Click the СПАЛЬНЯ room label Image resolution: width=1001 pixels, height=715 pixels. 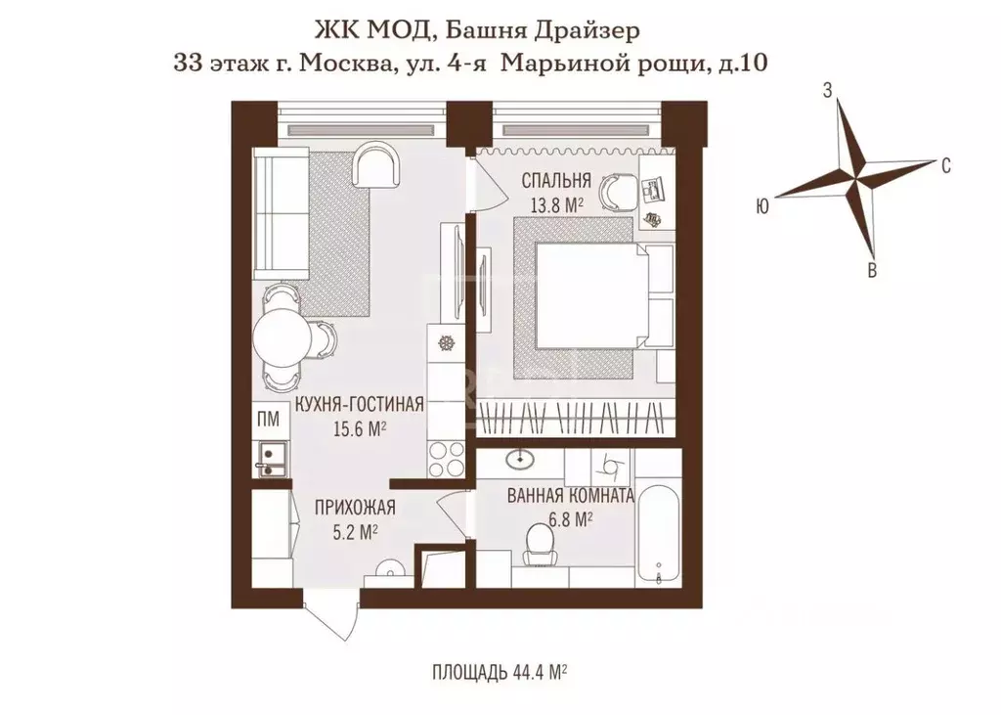[x=555, y=180]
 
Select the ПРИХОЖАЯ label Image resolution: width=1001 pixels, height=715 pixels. [x=354, y=507]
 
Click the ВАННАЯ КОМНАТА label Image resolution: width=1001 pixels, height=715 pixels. [x=571, y=495]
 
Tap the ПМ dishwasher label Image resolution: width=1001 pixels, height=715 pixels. [x=267, y=421]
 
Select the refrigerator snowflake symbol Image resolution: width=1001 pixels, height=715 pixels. [x=448, y=343]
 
